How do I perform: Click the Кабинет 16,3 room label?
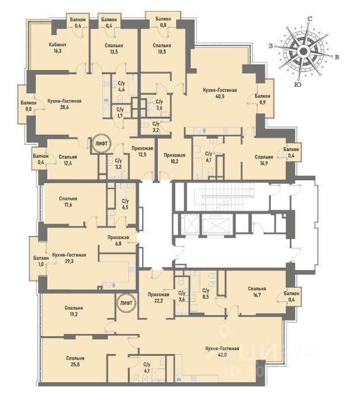click(x=58, y=48)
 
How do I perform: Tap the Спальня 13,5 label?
click(x=113, y=48)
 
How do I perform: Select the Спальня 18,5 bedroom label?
click(x=162, y=48)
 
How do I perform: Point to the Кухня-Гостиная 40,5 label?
click(x=219, y=93)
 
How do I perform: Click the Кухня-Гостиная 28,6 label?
click(x=64, y=104)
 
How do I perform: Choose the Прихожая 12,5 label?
click(x=142, y=151)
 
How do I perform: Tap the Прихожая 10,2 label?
click(x=175, y=158)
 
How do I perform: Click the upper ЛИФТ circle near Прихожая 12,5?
click(x=102, y=143)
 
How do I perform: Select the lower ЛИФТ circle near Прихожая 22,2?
click(x=126, y=303)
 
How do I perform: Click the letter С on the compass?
click(x=310, y=19)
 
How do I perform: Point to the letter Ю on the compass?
click(x=298, y=85)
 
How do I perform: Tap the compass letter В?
click(x=337, y=57)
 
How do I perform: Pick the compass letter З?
click(x=271, y=46)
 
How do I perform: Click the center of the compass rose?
click(x=304, y=51)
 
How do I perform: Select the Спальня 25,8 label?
click(x=75, y=361)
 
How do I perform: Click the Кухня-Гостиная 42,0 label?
click(x=222, y=351)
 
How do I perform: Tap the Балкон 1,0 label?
click(x=41, y=261)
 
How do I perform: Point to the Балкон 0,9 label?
click(x=262, y=98)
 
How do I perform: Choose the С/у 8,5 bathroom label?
click(x=206, y=293)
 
